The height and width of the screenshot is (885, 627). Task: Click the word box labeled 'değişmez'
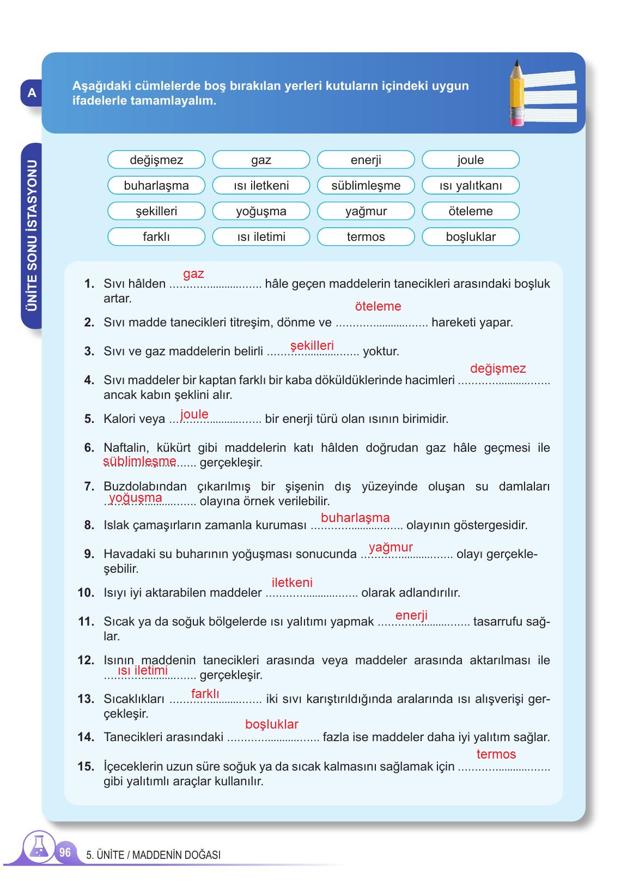click(156, 160)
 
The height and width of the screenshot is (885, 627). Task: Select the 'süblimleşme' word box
click(366, 186)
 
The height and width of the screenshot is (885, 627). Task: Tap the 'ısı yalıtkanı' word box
click(471, 186)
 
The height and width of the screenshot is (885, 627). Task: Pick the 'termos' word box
click(366, 237)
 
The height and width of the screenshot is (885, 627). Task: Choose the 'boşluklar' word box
click(471, 237)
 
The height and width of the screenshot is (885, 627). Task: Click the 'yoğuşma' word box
click(261, 211)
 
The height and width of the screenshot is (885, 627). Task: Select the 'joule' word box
click(471, 160)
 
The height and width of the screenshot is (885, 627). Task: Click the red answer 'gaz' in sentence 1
click(193, 274)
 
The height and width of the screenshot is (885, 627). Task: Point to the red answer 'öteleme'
click(378, 306)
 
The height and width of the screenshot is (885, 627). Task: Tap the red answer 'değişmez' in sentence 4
click(497, 368)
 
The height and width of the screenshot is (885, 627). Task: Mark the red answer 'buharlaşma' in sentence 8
click(355, 518)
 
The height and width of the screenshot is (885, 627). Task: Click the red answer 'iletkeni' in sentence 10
click(292, 583)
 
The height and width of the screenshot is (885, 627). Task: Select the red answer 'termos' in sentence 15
click(496, 754)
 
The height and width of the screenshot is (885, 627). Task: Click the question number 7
click(89, 487)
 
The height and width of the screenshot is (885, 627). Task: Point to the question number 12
click(86, 660)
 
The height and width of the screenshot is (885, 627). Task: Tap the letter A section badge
click(32, 93)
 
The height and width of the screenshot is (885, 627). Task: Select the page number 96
click(65, 852)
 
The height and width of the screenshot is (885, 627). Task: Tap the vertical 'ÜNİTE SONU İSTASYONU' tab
click(32, 235)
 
